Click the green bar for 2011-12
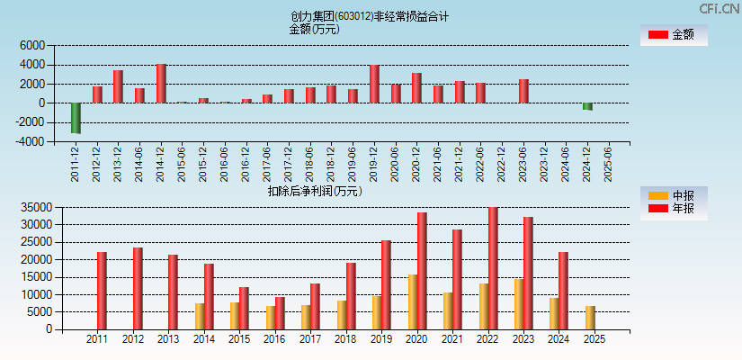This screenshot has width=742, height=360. [76, 118]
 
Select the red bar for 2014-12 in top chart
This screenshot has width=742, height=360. [161, 84]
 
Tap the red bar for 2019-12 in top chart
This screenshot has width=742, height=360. [374, 84]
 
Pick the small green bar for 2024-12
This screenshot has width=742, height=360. [587, 106]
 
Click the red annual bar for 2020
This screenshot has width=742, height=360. [422, 271]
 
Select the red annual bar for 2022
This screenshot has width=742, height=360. [493, 268]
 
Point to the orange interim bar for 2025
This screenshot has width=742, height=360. [590, 318]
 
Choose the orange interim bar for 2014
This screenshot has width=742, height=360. [200, 316]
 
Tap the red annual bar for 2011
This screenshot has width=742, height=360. [102, 291]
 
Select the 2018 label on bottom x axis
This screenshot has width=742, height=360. [345, 339]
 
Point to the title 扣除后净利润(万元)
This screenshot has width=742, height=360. [314, 191]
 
